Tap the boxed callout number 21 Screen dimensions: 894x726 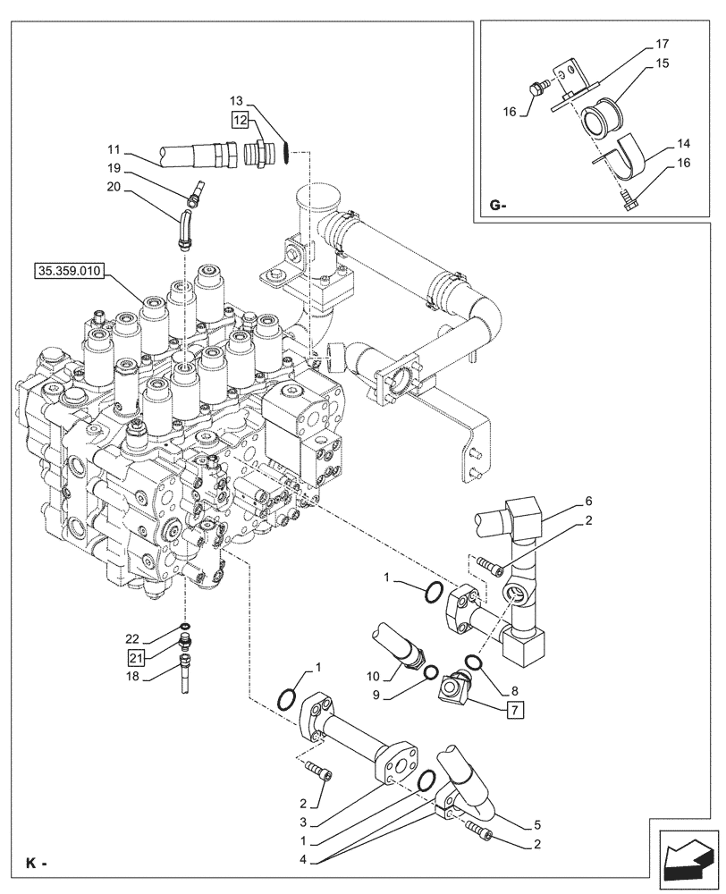136,659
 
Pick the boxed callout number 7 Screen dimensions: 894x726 515,711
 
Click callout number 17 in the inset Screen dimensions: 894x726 661,43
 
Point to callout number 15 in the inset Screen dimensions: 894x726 661,64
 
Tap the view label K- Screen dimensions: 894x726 36,864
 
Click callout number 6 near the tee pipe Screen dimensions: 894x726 588,501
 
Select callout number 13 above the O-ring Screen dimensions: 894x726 237,102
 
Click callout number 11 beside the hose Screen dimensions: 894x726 114,148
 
